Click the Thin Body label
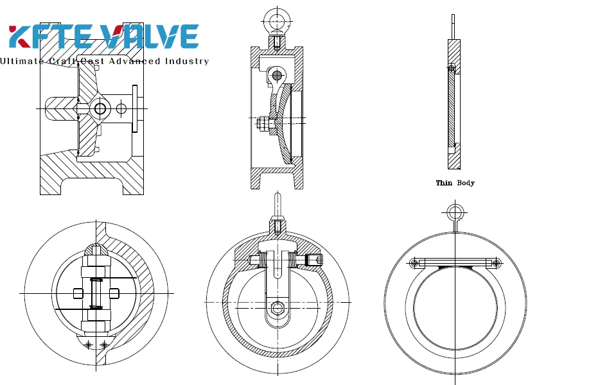click(455, 183)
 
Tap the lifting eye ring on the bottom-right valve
click(455, 212)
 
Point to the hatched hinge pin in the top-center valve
click(277, 76)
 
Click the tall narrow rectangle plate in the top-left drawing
click(134, 109)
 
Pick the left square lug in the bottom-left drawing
click(78, 293)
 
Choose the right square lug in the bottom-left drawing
click(114, 293)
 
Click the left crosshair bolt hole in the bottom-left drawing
click(89, 345)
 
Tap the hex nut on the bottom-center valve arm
click(277, 308)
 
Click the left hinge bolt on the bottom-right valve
click(414, 263)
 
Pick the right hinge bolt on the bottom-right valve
click(496, 263)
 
